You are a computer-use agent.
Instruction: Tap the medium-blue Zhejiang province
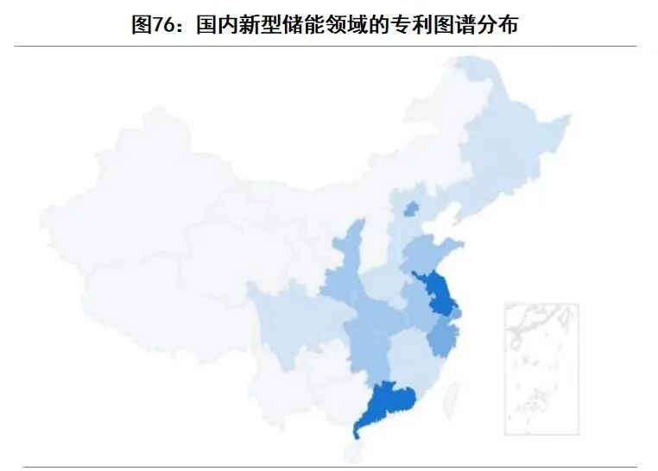[x=443, y=337]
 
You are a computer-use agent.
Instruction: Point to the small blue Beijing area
[x=410, y=208]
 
